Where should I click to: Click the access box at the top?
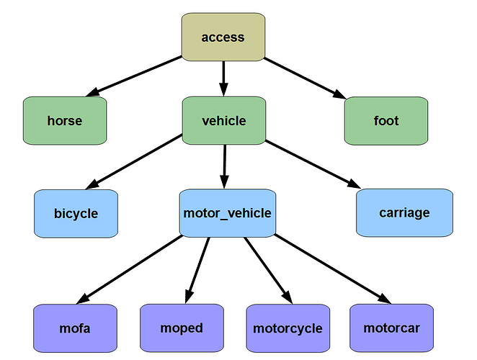click(223, 37)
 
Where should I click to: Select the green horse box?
click(65, 121)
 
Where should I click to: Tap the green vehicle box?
click(224, 121)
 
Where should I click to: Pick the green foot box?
click(386, 121)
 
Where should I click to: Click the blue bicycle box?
click(76, 213)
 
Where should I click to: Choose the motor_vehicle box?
click(227, 213)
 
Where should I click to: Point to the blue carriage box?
click(404, 212)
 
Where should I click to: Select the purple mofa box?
click(75, 329)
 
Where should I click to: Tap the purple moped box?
click(182, 328)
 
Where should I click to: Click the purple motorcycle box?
click(287, 329)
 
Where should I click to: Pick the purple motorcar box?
click(391, 328)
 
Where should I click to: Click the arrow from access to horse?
click(137, 76)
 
